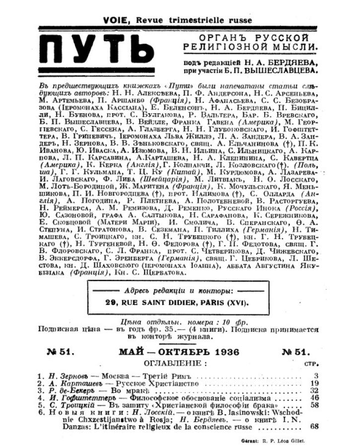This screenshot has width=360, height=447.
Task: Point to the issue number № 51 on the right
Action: tap(295, 352)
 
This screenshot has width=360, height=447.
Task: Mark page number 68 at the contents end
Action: tap(314, 427)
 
